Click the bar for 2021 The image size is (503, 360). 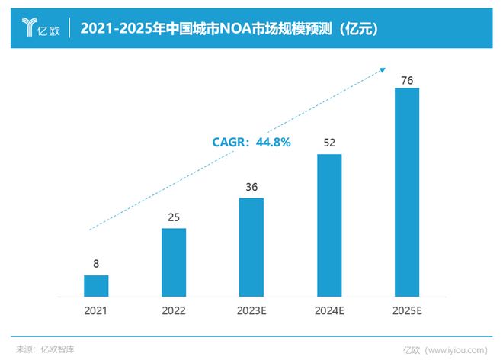(x=96, y=285)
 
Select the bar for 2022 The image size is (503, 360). (x=174, y=262)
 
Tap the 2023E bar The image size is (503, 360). (x=251, y=246)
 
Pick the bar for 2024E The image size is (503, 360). (x=329, y=225)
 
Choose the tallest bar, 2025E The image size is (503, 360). (x=407, y=191)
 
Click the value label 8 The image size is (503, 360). (x=96, y=265)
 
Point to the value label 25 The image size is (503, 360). (x=174, y=217)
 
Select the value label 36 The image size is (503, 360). (x=251, y=187)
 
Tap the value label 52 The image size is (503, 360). (x=329, y=143)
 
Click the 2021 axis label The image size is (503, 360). (x=96, y=311)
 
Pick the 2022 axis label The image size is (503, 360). (x=174, y=311)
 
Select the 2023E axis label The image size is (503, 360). (x=251, y=311)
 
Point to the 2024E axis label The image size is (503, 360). (x=329, y=311)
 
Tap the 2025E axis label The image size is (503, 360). (x=407, y=311)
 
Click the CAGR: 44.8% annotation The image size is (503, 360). (x=251, y=142)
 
